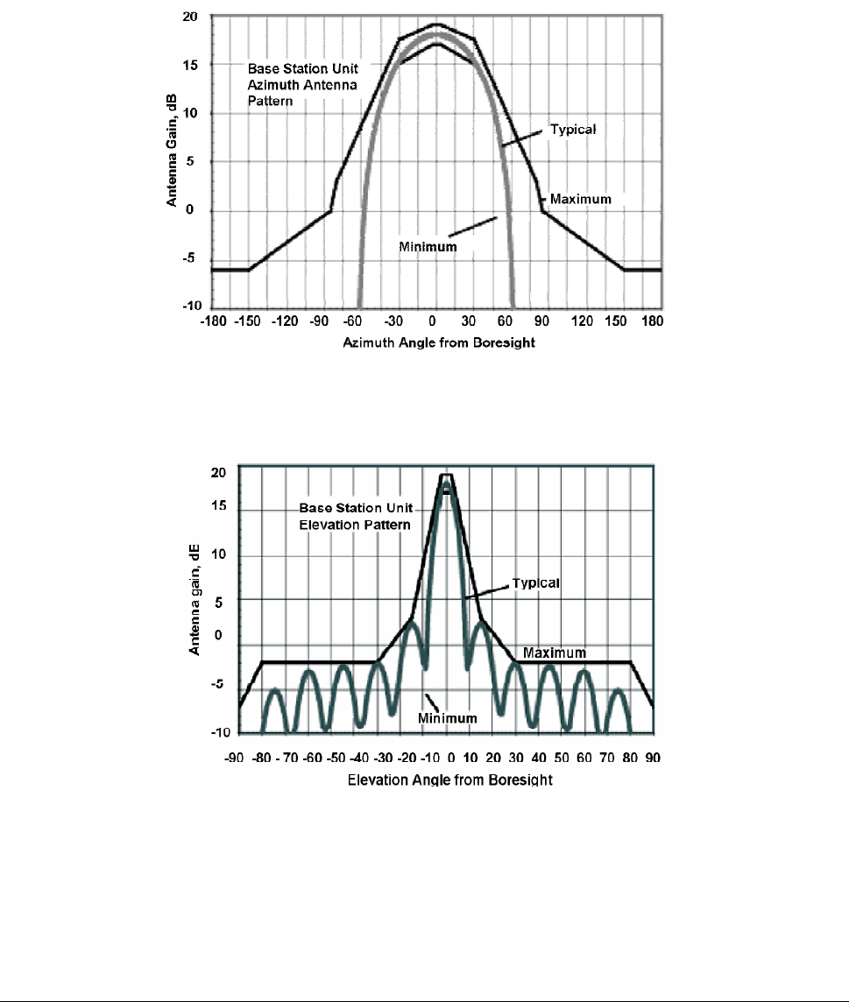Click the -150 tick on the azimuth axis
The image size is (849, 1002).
click(x=247, y=321)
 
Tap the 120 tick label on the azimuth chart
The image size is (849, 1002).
click(x=582, y=321)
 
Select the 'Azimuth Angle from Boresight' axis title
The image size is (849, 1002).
click(x=439, y=342)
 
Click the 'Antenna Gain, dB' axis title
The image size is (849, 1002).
click(x=172, y=151)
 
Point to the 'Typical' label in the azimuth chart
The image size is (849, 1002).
click(x=573, y=130)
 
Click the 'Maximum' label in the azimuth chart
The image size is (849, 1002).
click(x=581, y=199)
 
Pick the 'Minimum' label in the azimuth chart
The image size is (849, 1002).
click(x=428, y=247)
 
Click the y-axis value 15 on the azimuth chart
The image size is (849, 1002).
click(x=190, y=65)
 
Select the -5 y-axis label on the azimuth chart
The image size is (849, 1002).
click(x=188, y=258)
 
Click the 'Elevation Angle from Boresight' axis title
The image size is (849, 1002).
click(x=450, y=780)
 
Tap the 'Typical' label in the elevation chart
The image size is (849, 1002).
click(x=535, y=583)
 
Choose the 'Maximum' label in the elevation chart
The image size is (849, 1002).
click(x=555, y=653)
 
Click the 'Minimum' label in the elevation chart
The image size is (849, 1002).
click(x=448, y=718)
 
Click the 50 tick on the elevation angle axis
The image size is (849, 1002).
click(x=562, y=758)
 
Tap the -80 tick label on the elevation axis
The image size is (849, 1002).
click(x=261, y=758)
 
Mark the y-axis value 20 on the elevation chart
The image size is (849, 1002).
click(x=219, y=473)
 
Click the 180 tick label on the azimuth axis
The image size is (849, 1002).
click(x=652, y=321)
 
